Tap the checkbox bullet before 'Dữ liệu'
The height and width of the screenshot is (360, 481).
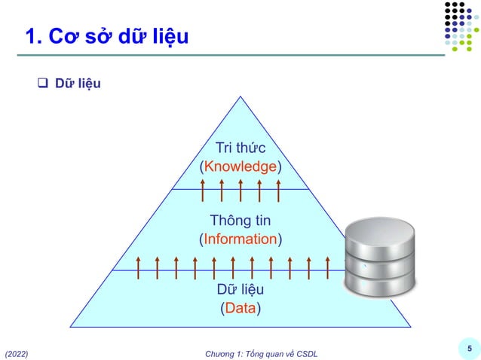point(44,83)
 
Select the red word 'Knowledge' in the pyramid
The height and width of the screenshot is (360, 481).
point(240,166)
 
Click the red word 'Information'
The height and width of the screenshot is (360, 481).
point(240,239)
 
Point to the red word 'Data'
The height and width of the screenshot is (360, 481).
point(240,308)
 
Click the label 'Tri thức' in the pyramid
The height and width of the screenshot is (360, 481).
point(240,148)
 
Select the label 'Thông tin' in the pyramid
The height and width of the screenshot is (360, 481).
point(240,221)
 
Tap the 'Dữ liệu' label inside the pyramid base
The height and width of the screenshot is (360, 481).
point(240,290)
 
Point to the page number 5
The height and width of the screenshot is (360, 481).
point(469,348)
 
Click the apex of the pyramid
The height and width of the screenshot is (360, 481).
point(240,98)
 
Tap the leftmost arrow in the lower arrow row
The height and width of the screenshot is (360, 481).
point(138,267)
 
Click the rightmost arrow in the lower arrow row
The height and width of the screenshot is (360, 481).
point(328,267)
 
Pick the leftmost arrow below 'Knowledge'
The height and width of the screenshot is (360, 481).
point(203,191)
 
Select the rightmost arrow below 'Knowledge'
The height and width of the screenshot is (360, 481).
point(278,191)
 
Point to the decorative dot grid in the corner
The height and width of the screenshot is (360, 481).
point(461,27)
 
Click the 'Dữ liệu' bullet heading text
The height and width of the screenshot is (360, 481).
point(78,83)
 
